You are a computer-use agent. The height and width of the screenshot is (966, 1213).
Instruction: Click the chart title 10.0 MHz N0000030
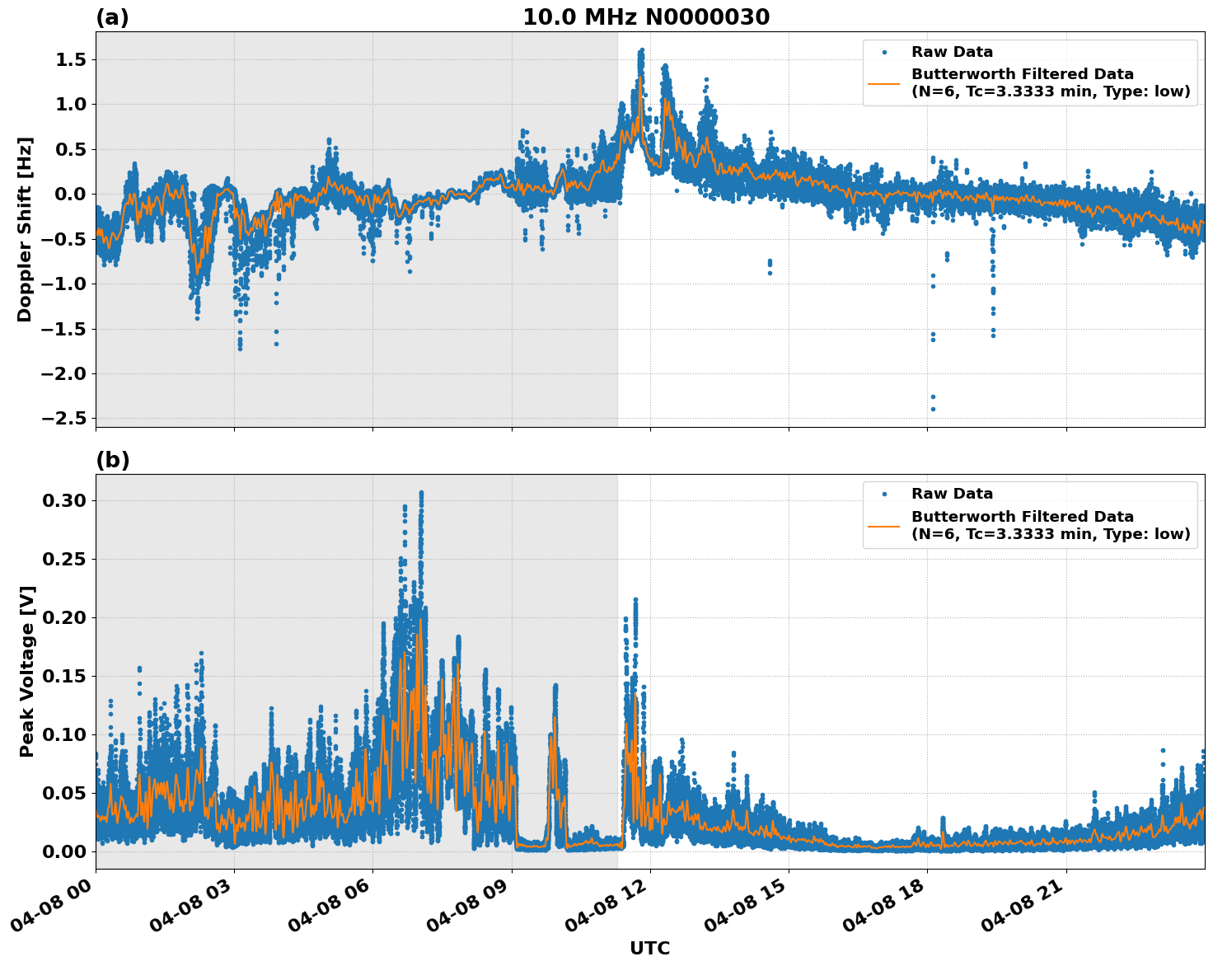[x=645, y=17]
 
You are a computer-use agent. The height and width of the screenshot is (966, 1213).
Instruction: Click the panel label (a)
[x=112, y=17]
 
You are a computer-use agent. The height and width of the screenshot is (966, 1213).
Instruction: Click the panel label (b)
[x=112, y=460]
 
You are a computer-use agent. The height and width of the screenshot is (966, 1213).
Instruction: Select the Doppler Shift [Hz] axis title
[x=25, y=229]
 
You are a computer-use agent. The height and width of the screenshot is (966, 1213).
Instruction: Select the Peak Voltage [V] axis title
[x=27, y=672]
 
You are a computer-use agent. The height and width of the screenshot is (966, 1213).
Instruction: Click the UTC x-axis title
[x=649, y=948]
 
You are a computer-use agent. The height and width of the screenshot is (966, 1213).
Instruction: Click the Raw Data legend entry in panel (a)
[x=952, y=52]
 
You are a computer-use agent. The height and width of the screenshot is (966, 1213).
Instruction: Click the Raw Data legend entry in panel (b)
[x=952, y=494]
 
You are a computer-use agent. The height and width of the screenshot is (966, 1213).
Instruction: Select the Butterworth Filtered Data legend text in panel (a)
[x=1022, y=74]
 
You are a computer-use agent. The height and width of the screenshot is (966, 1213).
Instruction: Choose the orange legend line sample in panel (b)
[x=884, y=525]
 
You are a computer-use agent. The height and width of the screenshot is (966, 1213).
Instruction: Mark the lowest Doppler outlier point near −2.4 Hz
[x=933, y=409]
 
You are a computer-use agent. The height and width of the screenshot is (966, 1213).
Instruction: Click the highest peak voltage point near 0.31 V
[x=421, y=492]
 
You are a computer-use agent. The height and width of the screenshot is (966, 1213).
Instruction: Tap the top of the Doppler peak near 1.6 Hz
[x=641, y=50]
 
